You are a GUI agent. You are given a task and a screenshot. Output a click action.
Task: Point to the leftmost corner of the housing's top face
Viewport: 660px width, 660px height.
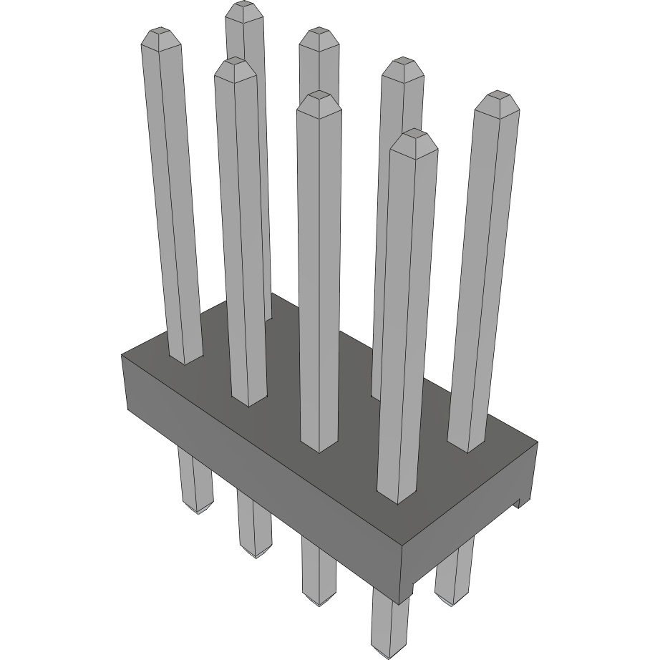point(122,354)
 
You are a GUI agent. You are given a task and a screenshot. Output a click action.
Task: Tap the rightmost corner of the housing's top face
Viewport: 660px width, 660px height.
point(537,442)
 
